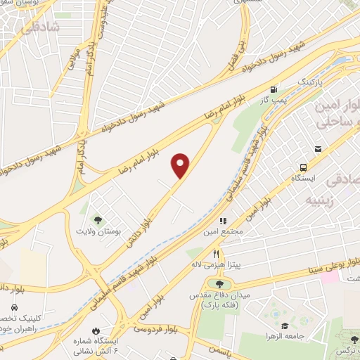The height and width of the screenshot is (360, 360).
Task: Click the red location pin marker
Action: pos(181,165)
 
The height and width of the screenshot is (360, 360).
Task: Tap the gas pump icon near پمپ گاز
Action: pos(273,89)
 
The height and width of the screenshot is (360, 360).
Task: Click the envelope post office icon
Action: pos(318,149)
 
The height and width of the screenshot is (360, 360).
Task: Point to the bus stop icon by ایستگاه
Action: pos(303,167)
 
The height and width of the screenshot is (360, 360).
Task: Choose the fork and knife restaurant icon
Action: pos(217,253)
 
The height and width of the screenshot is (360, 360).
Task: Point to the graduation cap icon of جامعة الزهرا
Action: pos(284,326)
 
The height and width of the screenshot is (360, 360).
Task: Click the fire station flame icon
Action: pos(96,330)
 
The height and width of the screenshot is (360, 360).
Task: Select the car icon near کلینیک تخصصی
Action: pos(15,307)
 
